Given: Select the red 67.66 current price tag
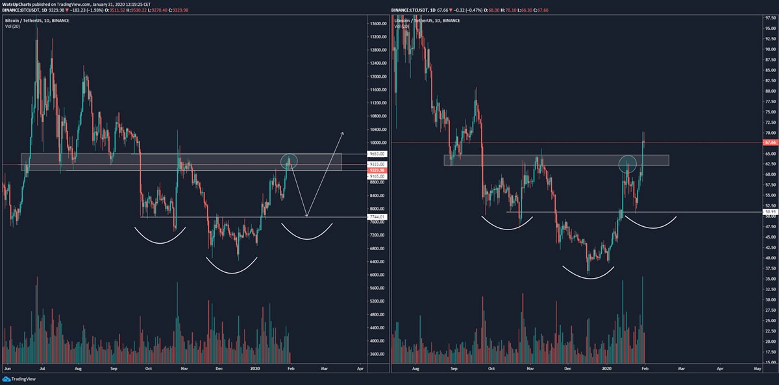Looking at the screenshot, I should coord(769,142).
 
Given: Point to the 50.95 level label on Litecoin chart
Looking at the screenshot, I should coord(769,212).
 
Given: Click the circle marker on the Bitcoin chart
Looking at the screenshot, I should coord(289,160).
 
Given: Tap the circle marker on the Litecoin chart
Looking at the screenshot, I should coord(628,163).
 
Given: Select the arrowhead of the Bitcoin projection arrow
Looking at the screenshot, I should coord(342,134).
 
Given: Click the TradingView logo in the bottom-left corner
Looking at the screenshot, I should coord(20,379).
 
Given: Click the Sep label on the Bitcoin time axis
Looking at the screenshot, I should coord(114,367).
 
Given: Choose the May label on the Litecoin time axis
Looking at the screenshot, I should coord(757,367).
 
